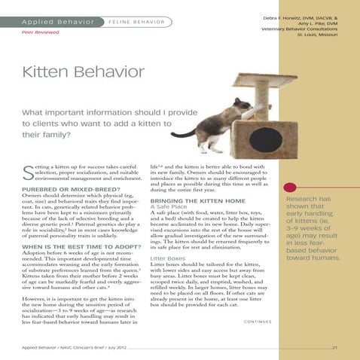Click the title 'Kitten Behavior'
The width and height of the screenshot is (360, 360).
click(x=83, y=74)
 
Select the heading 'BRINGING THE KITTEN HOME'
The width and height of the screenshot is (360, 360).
click(x=197, y=203)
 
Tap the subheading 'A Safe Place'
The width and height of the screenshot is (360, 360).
click(x=171, y=209)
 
